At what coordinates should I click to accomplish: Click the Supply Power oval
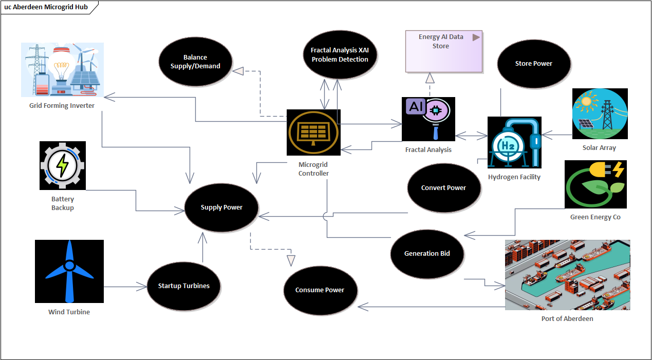[x=221, y=207]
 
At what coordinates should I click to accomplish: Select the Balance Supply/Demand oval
[x=195, y=62]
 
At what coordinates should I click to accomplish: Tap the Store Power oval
[x=533, y=64]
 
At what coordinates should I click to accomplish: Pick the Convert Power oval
[x=443, y=188]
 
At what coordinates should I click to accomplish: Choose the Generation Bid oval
[x=427, y=254]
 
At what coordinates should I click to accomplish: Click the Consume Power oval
[x=320, y=290]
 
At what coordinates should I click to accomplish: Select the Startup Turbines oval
[x=183, y=286]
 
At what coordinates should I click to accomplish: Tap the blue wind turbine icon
[x=69, y=271]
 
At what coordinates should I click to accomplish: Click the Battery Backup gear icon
[x=63, y=165]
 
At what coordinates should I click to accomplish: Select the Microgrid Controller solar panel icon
[x=313, y=132]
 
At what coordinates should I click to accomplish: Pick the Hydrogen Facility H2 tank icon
[x=514, y=142]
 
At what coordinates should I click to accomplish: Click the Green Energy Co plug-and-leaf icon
[x=595, y=184]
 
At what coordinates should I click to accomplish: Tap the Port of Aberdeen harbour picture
[x=567, y=275]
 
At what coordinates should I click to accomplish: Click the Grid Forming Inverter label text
[x=62, y=106]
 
